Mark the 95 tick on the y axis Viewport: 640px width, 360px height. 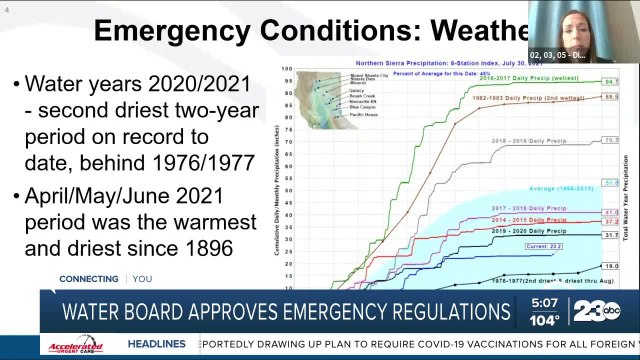288,82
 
